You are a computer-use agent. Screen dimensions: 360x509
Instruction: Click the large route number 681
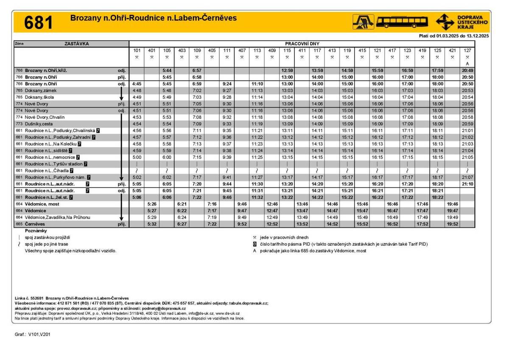click(x=39, y=22)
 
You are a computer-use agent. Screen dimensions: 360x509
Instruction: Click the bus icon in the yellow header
click(x=402, y=22)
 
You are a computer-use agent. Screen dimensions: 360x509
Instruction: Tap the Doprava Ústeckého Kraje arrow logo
click(x=445, y=22)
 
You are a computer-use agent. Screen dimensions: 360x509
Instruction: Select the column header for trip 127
click(x=467, y=50)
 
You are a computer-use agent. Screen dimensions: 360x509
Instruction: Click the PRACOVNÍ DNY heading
click(x=302, y=44)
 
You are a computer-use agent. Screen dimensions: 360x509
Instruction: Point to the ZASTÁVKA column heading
click(x=77, y=44)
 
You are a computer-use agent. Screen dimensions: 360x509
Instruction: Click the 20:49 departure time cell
click(x=467, y=70)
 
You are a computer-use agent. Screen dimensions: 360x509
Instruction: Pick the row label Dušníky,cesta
click(x=39, y=124)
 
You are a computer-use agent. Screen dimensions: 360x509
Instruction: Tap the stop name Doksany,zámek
click(x=40, y=90)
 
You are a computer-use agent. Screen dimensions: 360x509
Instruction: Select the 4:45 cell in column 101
click(x=137, y=84)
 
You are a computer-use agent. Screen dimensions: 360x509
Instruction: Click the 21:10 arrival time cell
click(x=467, y=184)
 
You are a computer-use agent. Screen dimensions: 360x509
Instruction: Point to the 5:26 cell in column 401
click(x=152, y=204)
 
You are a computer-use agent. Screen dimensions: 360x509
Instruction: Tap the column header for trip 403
click(x=182, y=50)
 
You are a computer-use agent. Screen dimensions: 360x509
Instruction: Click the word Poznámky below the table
click(x=36, y=231)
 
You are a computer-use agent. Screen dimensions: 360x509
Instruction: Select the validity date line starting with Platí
click(x=453, y=36)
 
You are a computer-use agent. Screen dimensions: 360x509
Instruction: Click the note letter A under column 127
click(x=467, y=64)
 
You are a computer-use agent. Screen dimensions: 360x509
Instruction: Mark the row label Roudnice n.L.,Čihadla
click(x=47, y=171)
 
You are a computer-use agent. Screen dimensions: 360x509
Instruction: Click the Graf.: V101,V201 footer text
click(x=33, y=335)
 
